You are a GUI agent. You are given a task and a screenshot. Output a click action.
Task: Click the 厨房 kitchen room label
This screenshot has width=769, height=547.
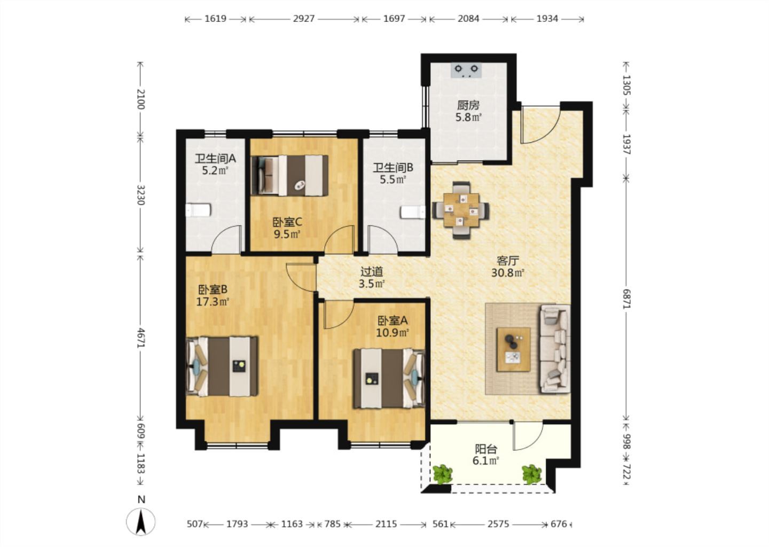click(468, 105)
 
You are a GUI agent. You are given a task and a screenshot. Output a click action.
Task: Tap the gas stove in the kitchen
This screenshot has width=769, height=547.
click(466, 71)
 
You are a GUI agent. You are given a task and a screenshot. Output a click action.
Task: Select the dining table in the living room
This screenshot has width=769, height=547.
click(461, 210)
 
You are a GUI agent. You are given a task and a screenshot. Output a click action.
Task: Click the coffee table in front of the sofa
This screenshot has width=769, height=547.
click(513, 349)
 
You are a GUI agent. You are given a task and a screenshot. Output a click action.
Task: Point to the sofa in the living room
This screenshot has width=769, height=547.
click(555, 348)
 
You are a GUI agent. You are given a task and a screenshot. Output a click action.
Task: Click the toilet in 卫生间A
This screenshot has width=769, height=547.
click(198, 210)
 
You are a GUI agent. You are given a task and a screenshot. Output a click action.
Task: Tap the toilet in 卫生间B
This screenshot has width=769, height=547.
click(413, 212)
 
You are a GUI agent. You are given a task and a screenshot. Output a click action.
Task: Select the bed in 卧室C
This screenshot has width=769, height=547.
click(289, 176)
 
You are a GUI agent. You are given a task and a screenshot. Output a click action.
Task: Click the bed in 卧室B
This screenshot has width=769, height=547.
click(222, 367)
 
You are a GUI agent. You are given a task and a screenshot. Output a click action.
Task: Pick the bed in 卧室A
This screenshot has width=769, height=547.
click(389, 379)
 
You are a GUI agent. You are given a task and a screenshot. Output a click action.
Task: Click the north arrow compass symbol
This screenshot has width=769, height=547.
click(141, 518)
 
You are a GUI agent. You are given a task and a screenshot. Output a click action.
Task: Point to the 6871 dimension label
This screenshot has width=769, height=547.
click(627, 299)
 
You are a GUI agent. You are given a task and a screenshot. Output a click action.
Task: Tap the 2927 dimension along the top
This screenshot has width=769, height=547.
click(304, 19)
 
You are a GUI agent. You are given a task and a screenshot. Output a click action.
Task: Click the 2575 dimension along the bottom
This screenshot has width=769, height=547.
click(498, 524)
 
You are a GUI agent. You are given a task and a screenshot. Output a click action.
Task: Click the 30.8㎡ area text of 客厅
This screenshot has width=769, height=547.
click(508, 273)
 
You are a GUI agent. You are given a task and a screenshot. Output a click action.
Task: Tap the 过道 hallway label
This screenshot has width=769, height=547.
click(372, 272)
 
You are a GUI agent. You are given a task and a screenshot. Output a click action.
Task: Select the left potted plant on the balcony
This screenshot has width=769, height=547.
click(442, 474)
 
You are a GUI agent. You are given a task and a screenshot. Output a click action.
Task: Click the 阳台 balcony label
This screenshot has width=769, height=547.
click(486, 449)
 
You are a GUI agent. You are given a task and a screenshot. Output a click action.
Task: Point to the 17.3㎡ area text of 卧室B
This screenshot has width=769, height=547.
click(213, 302)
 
